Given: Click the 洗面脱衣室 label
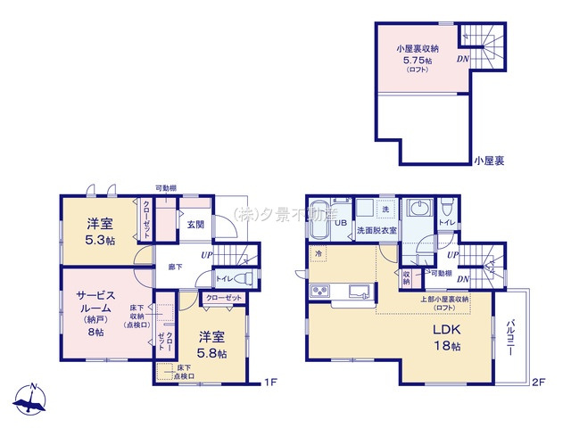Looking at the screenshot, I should tap(377, 230).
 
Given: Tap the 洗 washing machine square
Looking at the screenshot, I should tap(385, 210).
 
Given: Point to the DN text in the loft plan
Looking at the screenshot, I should tap(463, 59).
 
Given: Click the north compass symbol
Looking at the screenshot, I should tap(32, 401).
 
